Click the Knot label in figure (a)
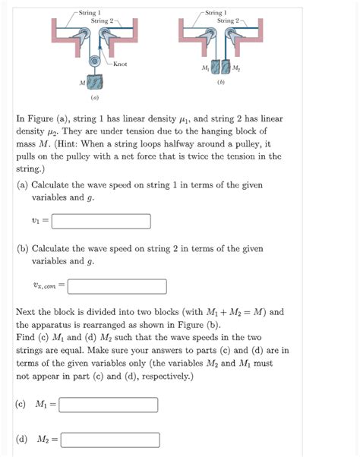(119, 64)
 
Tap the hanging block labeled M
(95, 82)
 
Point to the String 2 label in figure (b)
(229, 20)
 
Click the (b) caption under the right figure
(221, 82)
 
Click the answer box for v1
(101, 222)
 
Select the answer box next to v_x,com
(117, 286)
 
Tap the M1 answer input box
(108, 405)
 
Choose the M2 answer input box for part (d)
(110, 440)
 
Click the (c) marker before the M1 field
(22, 405)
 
